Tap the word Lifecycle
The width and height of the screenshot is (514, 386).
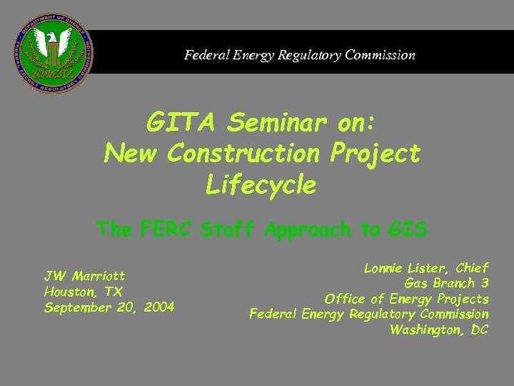(261, 185)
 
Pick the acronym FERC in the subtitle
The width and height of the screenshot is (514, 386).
(167, 229)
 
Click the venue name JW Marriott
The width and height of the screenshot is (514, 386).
(84, 276)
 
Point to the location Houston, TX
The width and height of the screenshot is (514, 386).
(83, 292)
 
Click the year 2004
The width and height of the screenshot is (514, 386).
(158, 307)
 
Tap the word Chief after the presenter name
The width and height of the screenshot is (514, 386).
(470, 268)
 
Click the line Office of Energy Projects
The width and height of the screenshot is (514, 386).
(406, 299)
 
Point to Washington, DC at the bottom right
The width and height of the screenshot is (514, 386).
(439, 330)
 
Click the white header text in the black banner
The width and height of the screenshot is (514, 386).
(299, 54)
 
